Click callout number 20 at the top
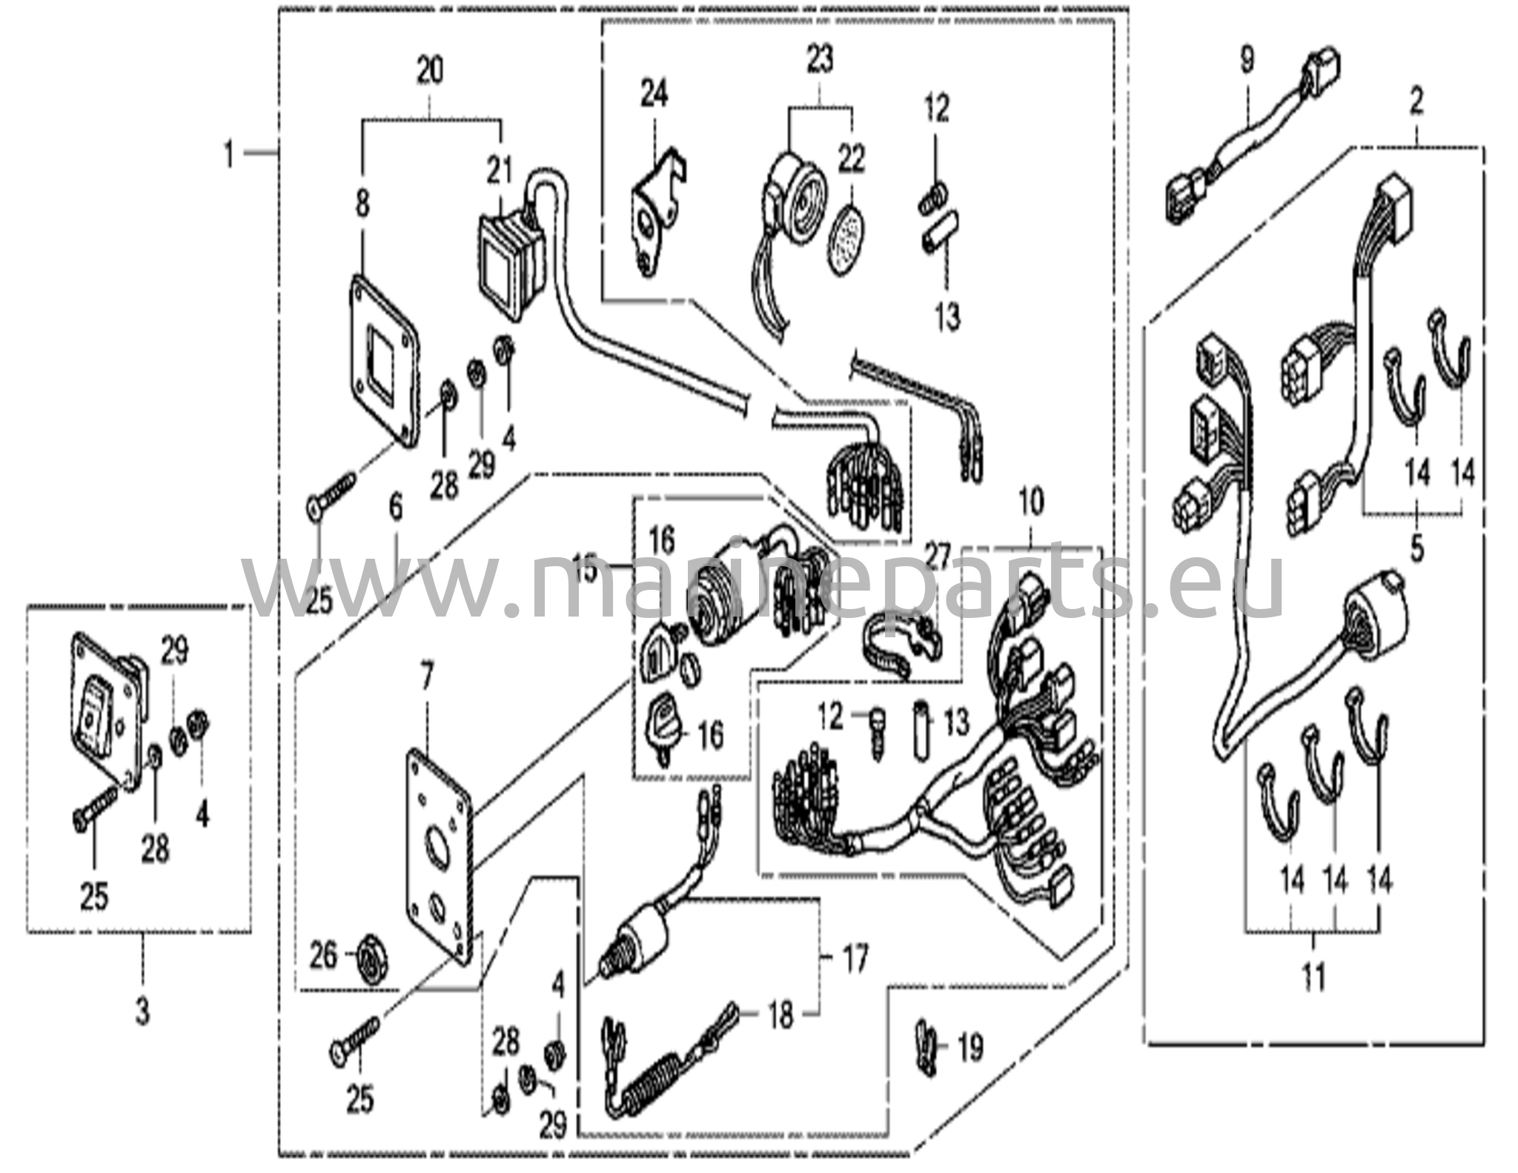(x=430, y=71)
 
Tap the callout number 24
(x=654, y=95)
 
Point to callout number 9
(x=1247, y=59)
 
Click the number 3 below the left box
(x=142, y=1010)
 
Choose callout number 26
(x=323, y=956)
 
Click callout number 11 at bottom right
(x=1313, y=977)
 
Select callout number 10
(x=1031, y=502)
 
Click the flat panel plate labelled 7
(x=438, y=852)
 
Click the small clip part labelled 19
(x=925, y=1049)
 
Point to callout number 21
(x=500, y=171)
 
